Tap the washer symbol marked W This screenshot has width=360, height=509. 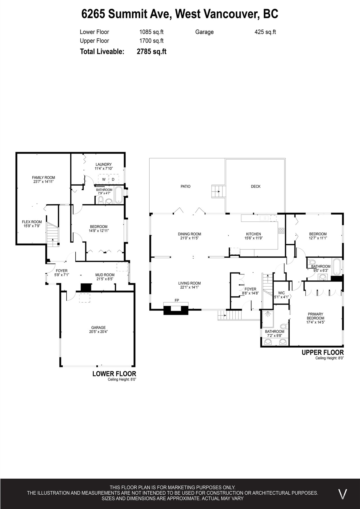click(x=104, y=179)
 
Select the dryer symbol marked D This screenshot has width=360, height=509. click(x=113, y=179)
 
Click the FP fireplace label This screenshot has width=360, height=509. click(x=177, y=300)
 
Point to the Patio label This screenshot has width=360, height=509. click(x=185, y=186)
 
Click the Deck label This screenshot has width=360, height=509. click(x=256, y=186)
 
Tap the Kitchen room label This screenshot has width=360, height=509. click(x=253, y=234)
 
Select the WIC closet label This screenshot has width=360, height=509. click(x=281, y=293)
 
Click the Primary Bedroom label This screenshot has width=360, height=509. click(x=315, y=316)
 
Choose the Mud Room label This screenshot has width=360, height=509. click(x=105, y=275)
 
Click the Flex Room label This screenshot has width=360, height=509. click(x=32, y=222)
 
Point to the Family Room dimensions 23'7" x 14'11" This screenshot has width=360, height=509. click(x=43, y=182)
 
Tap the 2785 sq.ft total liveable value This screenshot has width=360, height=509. click(x=152, y=51)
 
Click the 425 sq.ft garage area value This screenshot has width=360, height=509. click(x=265, y=32)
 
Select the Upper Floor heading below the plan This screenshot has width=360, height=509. click(x=323, y=352)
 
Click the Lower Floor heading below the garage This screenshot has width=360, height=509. click(x=114, y=374)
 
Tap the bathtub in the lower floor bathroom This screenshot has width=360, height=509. click(x=118, y=195)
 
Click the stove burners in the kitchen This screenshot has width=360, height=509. click(x=281, y=231)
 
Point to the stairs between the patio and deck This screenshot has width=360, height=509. click(x=219, y=192)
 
